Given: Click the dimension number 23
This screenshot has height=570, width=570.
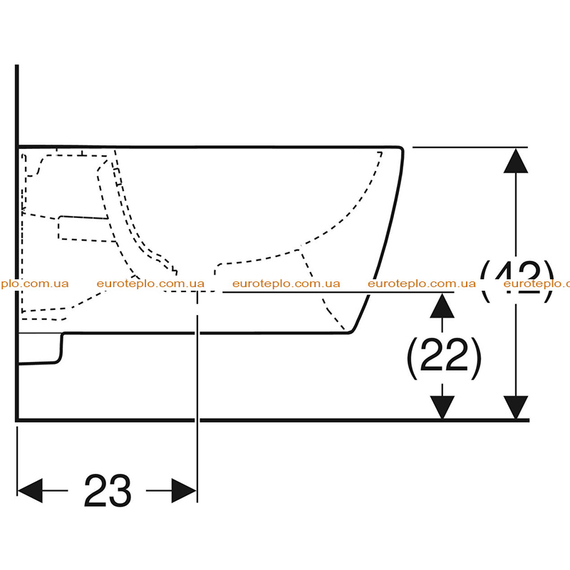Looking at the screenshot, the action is point(108,490).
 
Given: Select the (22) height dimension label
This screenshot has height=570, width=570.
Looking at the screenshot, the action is point(444,358).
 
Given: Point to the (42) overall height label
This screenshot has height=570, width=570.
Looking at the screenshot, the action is point(517,281).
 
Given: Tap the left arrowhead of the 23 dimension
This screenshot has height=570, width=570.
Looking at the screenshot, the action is point(30,490).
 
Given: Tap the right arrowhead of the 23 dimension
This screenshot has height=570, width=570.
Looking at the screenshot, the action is point(185,490).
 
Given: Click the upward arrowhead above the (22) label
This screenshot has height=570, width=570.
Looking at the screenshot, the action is point(442,306).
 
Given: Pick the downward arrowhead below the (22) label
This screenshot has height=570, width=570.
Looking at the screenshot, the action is point(442,408).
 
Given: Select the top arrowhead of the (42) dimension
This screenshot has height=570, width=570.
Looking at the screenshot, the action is point(516,160).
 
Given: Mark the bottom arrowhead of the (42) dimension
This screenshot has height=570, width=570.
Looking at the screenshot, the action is point(516,408).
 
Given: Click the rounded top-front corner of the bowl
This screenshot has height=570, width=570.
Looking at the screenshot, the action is point(401,149).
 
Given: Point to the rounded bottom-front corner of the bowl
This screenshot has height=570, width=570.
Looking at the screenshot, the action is point(351,331).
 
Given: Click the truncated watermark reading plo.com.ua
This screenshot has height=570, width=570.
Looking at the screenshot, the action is point(34,284).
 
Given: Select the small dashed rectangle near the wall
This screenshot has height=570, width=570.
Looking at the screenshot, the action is point(84,229).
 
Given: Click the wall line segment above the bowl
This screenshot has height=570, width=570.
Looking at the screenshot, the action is point(16,105).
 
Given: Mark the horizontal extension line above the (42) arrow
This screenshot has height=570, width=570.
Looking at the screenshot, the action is point(470,147).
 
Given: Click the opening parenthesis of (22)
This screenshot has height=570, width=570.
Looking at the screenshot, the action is point(413,359).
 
